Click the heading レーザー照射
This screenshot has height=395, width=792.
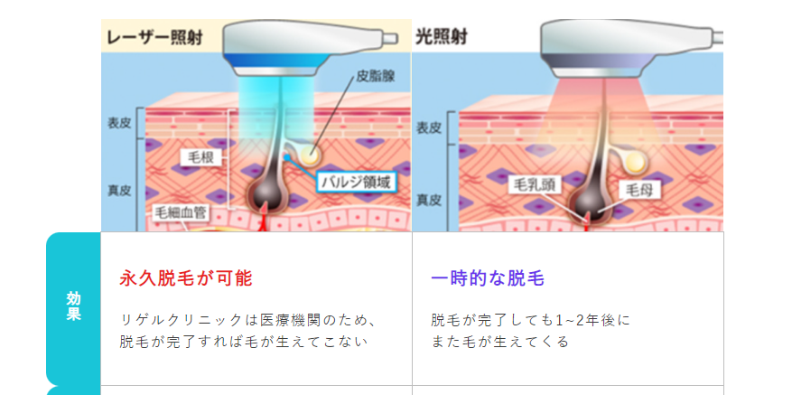(x=154, y=39)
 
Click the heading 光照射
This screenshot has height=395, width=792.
(x=441, y=38)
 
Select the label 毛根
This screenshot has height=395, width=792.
(x=200, y=157)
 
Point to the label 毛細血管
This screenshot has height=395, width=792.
(x=179, y=213)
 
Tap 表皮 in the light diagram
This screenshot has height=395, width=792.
(x=429, y=128)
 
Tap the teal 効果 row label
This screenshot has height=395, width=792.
(x=73, y=307)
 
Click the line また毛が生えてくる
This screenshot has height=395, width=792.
(x=500, y=343)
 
